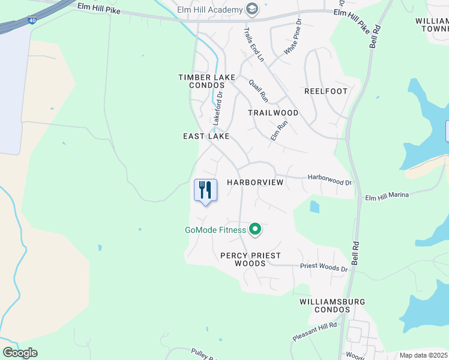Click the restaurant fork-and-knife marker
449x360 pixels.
205,191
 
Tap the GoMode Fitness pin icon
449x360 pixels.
255,229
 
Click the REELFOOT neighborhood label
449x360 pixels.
326,91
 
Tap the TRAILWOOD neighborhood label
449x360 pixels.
273,113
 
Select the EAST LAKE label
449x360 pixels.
206,137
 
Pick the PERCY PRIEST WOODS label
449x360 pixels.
250,259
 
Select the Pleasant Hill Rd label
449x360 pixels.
315,331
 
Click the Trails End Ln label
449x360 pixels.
253,44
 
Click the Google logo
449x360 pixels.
20,353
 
